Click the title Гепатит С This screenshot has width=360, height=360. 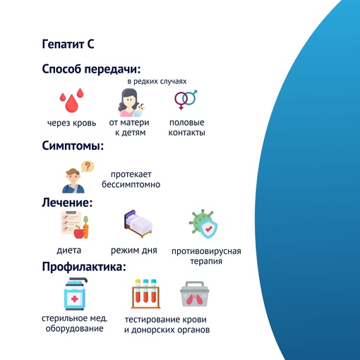tap(68, 44)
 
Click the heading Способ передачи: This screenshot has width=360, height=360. tap(91, 70)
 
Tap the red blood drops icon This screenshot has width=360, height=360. tap(71, 100)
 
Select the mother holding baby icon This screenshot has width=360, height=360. tap(131, 102)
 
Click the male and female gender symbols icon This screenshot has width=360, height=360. tap(186, 100)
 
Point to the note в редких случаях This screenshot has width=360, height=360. tap(157, 81)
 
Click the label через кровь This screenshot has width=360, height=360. tap(71, 123)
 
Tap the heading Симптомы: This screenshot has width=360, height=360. tap(73, 145)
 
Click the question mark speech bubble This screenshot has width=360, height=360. tap(88, 167)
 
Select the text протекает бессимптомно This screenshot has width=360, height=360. tap(131, 179)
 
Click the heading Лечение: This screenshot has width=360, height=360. tap(67, 203)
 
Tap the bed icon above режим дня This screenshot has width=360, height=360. tap(138, 224)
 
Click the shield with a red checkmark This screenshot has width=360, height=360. tap(208, 229)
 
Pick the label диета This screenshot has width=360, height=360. tap(69, 251)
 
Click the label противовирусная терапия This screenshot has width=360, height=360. tap(206, 256)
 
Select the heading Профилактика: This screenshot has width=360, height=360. tap(84, 267)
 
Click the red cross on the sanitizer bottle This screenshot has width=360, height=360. tap(75, 299)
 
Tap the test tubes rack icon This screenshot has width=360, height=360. tap(145, 294)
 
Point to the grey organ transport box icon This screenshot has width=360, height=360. tap(195, 294)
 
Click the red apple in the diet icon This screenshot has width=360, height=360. tap(79, 232)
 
